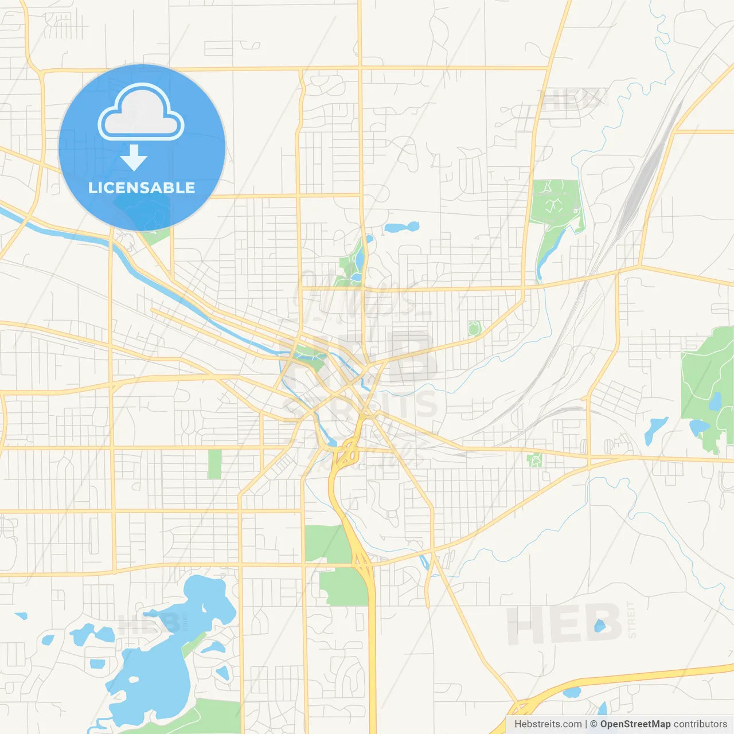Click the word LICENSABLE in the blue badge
click(x=142, y=188)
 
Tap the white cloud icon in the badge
click(x=141, y=113)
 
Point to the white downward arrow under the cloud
click(x=134, y=158)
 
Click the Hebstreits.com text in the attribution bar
click(x=548, y=724)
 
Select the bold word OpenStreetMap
click(x=635, y=724)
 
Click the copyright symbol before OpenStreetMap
click(x=594, y=724)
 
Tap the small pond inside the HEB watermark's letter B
click(x=600, y=626)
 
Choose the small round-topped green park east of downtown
click(x=474, y=329)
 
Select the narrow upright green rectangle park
click(x=214, y=464)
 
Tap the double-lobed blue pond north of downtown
click(x=401, y=227)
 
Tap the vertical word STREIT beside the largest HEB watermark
click(x=632, y=620)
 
